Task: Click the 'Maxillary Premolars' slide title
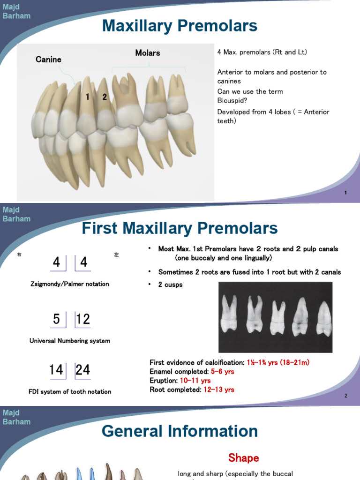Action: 180,26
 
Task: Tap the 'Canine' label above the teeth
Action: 48,60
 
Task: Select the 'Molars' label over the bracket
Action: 148,53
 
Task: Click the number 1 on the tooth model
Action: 88,97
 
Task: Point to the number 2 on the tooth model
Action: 105,97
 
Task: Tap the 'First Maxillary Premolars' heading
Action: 180,229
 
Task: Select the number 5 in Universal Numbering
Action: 57,319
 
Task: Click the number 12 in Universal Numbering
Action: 83,319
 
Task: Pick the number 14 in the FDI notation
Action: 56,370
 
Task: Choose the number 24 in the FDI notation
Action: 83,370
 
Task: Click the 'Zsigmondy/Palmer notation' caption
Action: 69,284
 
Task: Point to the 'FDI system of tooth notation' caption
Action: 70,391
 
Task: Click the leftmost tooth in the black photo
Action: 228,315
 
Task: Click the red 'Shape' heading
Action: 243,458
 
